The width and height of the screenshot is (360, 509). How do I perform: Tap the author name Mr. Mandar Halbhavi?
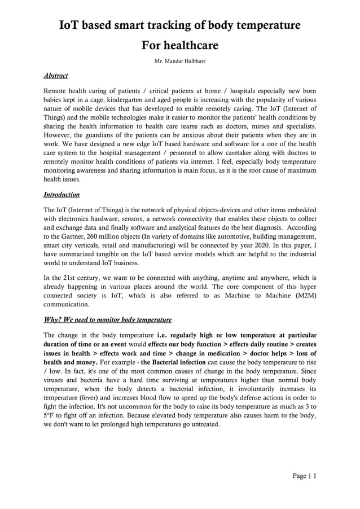tap(179, 60)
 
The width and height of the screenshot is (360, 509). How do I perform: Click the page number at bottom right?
tap(305, 476)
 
